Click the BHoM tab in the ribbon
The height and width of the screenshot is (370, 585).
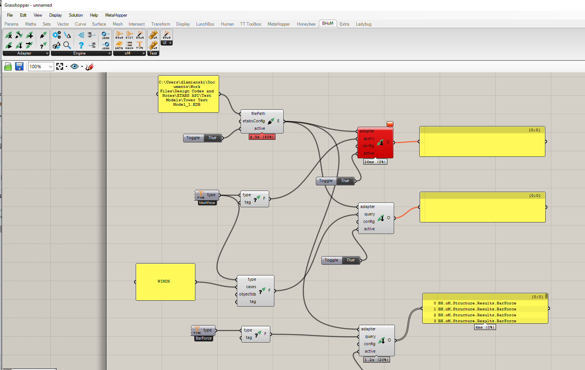tap(328, 23)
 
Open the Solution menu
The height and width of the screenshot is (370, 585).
tap(76, 15)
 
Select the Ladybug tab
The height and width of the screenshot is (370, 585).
tap(363, 24)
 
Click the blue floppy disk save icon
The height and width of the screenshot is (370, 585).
tap(19, 66)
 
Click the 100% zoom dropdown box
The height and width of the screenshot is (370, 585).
tap(41, 67)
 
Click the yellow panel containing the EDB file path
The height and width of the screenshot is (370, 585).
tap(188, 94)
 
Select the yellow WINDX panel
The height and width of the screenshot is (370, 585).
tap(165, 282)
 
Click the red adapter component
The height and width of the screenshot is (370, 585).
tap(375, 142)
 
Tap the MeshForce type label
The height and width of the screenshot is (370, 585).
tap(207, 203)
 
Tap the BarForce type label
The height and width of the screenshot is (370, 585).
tap(204, 338)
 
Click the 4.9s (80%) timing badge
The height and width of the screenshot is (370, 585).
tap(262, 137)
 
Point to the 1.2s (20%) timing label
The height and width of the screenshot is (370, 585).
tap(376, 360)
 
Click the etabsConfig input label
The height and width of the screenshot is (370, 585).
tap(254, 121)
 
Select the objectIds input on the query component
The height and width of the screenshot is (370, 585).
tap(247, 294)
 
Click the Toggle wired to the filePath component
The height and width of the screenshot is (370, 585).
tap(202, 138)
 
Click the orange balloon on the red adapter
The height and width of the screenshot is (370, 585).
tap(390, 124)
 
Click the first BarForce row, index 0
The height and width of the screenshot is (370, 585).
tap(476, 303)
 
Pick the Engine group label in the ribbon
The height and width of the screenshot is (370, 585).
tap(79, 53)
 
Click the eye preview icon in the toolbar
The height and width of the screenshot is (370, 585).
tap(75, 66)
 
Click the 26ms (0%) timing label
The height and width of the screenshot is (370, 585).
tap(375, 162)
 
